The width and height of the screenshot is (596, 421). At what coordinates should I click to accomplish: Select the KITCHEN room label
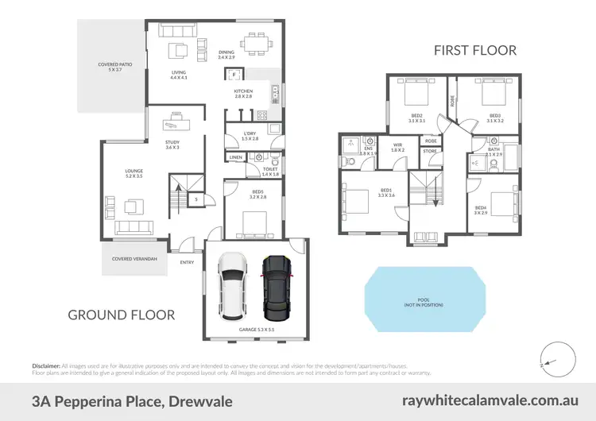pyautogui.click(x=243, y=92)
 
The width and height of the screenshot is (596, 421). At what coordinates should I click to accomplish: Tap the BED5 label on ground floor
pyautogui.click(x=256, y=193)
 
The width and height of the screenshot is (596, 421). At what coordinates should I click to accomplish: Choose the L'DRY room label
pyautogui.click(x=250, y=135)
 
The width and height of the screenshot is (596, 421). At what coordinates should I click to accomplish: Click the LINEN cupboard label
pyautogui.click(x=235, y=158)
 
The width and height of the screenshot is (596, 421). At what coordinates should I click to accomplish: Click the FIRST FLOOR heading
pyautogui.click(x=475, y=50)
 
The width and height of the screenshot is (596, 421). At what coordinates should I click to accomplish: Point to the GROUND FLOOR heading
pyautogui.click(x=121, y=315)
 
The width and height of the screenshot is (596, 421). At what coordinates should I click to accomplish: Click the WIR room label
pyautogui.click(x=397, y=145)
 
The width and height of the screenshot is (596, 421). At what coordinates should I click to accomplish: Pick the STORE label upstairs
pyautogui.click(x=431, y=150)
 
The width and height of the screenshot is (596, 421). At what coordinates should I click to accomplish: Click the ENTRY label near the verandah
pyautogui.click(x=187, y=262)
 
